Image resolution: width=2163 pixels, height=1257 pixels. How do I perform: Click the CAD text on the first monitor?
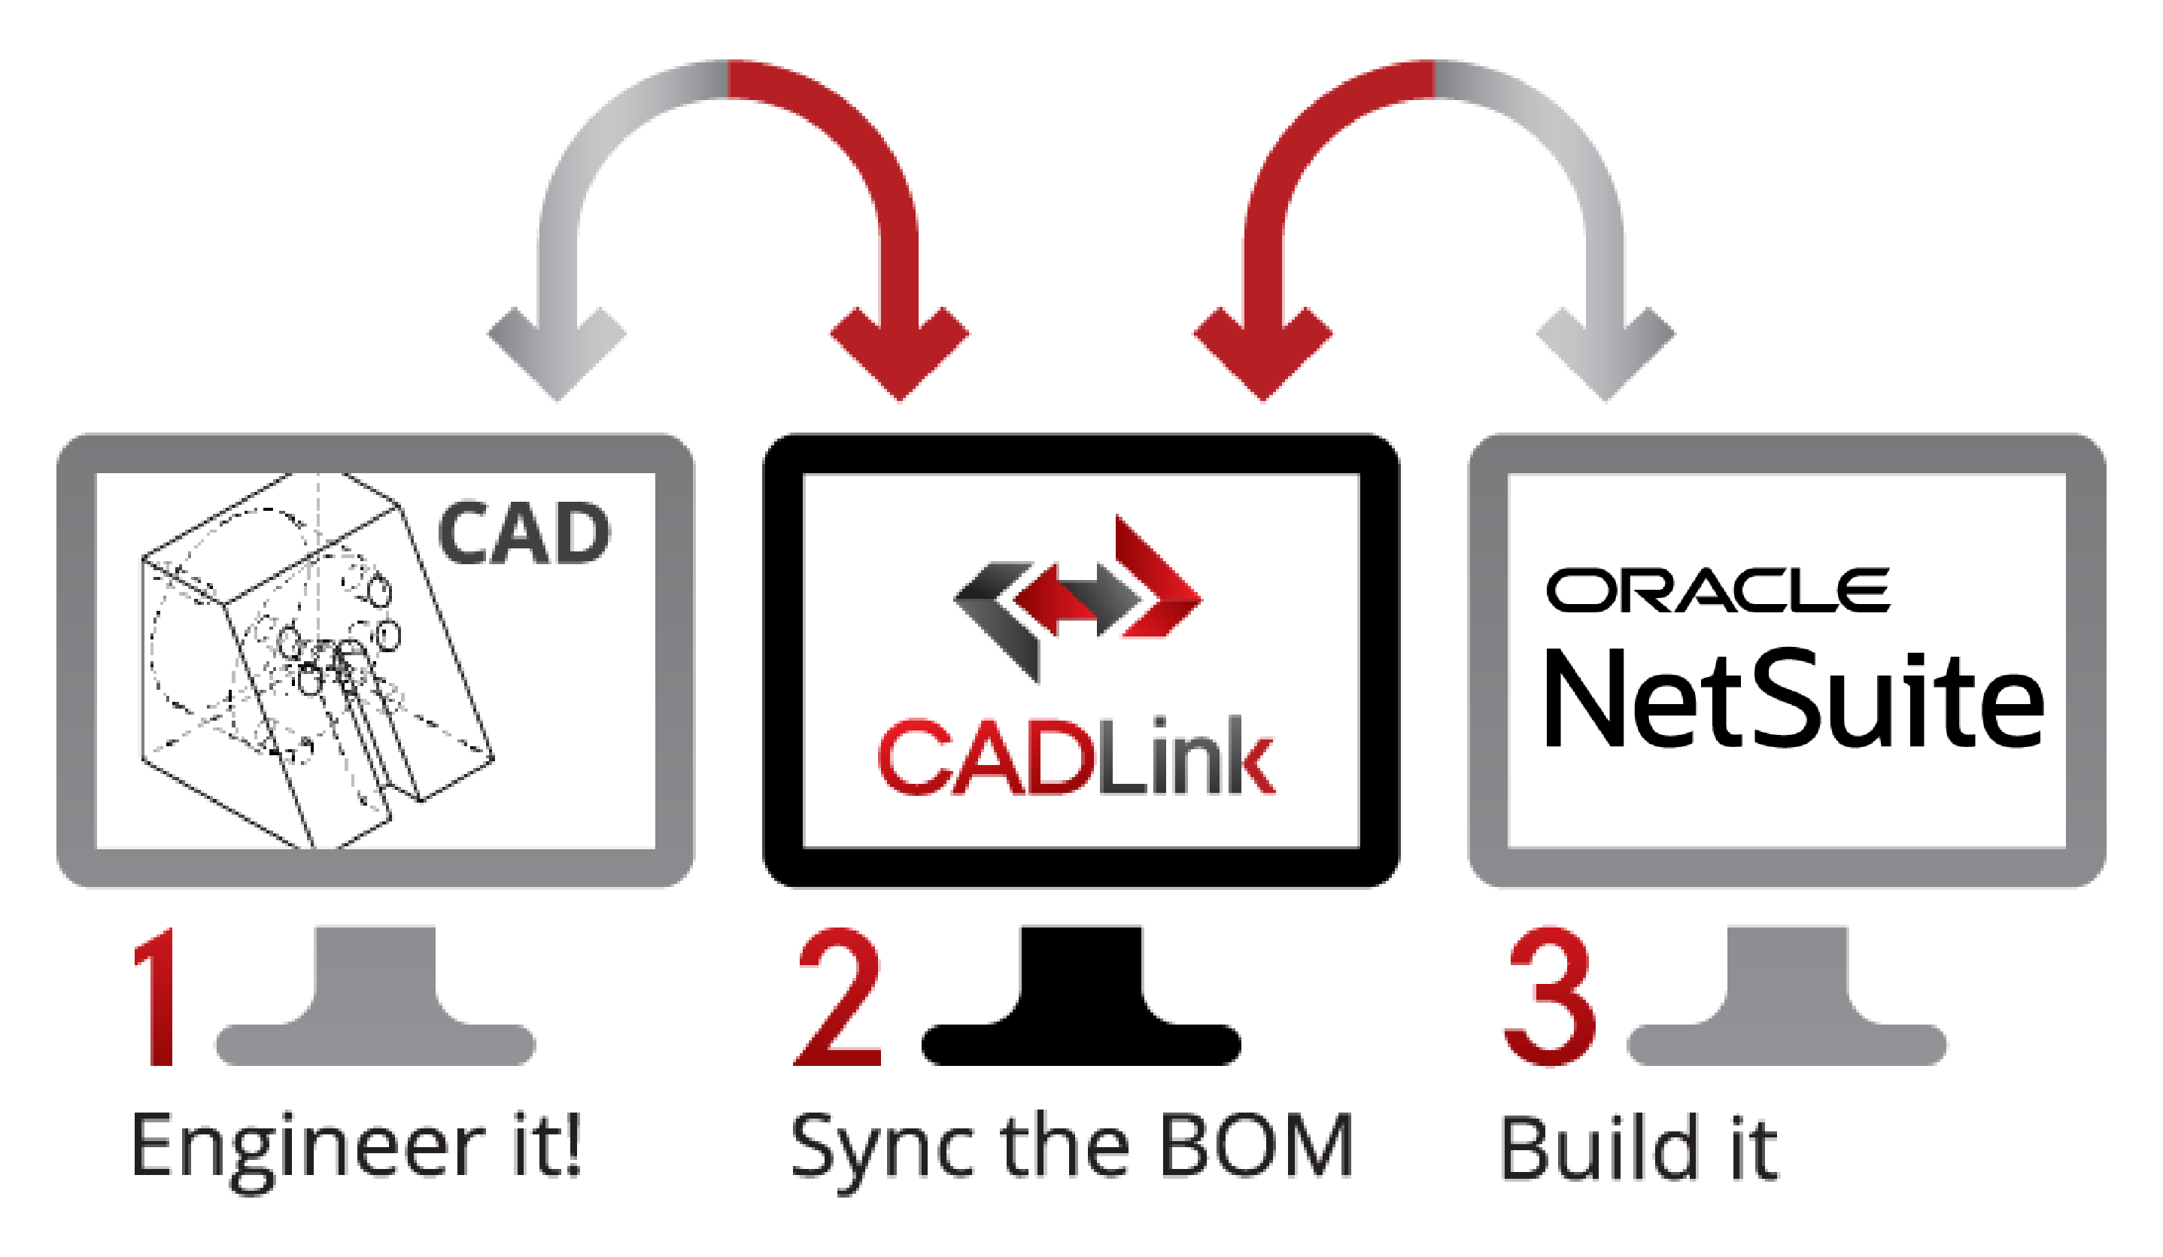point(524,533)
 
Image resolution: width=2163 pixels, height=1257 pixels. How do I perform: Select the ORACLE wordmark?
point(1718,591)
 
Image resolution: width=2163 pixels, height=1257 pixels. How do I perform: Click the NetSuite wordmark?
point(1794,700)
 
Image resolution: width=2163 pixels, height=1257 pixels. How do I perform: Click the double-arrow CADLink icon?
point(1078,598)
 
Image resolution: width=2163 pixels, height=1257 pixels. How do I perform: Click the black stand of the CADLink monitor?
point(1082,1004)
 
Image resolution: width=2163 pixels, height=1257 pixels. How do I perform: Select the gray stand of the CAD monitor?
point(375,1004)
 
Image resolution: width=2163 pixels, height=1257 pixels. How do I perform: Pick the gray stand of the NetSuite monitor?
point(1787,1004)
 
